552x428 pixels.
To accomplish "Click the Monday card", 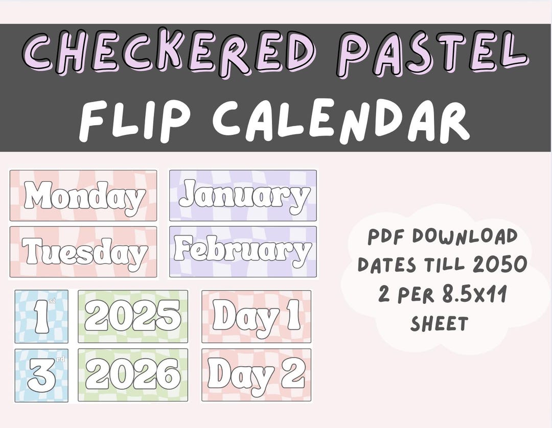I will coord(83,196).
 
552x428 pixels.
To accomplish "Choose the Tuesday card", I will coord(83,252).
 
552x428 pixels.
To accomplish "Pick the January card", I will coord(243,196).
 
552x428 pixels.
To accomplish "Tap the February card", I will coord(243,252).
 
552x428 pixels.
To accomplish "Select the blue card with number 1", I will coord(41,317).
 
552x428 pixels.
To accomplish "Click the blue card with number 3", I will coord(41,375).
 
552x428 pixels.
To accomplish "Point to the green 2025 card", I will coord(133,317).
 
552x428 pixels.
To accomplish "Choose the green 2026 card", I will coord(133,375).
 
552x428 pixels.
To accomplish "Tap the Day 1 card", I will coord(256,317).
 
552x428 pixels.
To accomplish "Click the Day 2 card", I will coord(256,375).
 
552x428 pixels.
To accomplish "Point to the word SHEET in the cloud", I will coord(439,323).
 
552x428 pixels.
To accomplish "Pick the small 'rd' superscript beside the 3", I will coord(60,360).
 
